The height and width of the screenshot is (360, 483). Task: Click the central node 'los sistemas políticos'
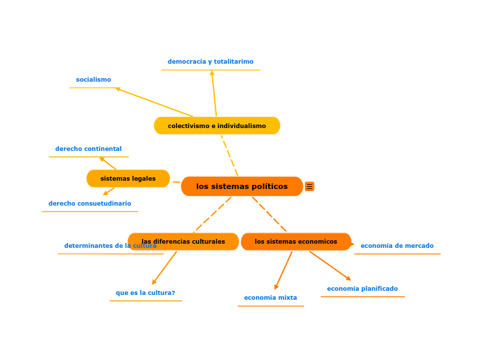242,186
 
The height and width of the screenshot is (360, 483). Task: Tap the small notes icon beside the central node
310,186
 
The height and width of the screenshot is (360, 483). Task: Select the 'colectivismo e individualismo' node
217,126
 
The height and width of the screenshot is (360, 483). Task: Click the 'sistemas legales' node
128,179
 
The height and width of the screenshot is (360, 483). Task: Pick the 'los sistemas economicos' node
296,242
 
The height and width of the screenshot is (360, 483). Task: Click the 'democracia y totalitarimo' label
211,62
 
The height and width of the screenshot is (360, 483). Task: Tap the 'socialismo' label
94,80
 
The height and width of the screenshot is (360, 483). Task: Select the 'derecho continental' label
89,149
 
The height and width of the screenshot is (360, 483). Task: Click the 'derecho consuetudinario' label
90,204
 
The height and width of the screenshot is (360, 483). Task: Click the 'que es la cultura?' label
146,293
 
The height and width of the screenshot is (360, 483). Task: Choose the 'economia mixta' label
270,298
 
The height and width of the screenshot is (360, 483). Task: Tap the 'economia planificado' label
362,289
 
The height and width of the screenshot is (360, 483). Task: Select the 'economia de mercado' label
397,246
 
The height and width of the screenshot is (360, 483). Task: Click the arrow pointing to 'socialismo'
154,102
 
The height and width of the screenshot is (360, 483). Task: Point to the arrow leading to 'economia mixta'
283,270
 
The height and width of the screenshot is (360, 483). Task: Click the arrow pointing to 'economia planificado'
330,265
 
